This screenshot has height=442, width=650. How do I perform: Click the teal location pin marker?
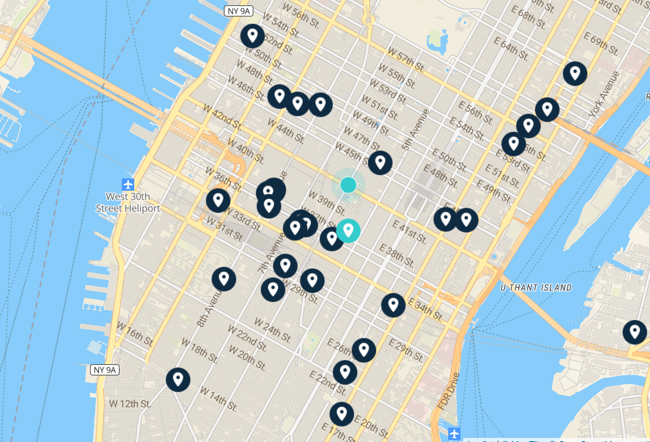348,230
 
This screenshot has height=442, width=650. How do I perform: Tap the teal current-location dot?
348,185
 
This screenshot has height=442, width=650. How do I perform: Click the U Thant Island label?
536,288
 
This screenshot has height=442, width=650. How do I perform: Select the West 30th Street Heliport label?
128,203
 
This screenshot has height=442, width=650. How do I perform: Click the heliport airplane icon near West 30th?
128,184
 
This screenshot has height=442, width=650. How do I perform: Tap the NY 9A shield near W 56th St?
239,11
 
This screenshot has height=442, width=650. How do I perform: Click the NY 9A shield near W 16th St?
105,370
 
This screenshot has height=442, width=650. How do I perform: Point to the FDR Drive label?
449,390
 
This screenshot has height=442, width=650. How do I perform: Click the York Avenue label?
604,94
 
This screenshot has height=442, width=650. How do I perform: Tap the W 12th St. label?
130,404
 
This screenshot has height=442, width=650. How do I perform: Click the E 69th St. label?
601,43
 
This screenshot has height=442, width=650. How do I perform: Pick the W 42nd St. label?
223,117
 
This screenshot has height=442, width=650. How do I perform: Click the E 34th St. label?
426,309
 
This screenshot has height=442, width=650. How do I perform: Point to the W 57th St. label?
406,60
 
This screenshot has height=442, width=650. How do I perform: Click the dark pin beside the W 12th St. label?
178,379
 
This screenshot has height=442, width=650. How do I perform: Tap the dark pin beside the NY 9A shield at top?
253,36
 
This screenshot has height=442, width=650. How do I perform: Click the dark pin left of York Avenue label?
575,74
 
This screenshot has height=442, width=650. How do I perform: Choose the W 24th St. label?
273,330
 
